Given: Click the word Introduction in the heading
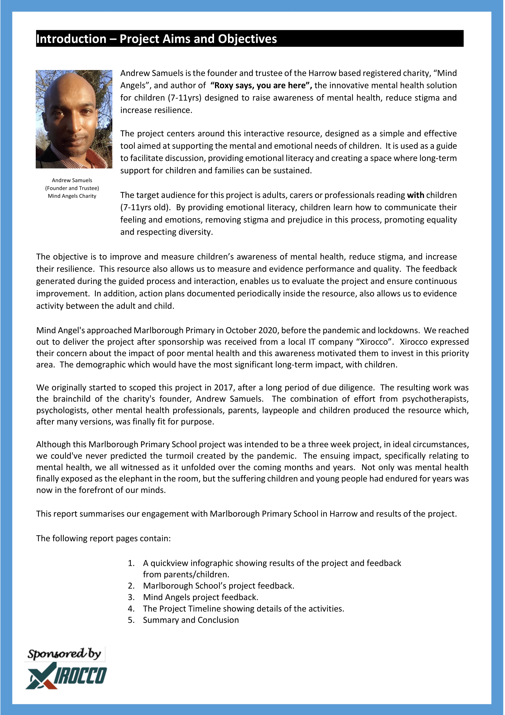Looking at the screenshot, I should [x=71, y=39].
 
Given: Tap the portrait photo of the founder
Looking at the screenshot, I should [x=74, y=119].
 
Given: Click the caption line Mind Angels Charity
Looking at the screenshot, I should [x=72, y=196].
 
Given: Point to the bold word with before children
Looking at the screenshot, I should [x=416, y=195].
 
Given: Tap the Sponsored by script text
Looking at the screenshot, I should [x=64, y=653].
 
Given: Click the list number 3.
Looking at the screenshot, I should [x=131, y=597].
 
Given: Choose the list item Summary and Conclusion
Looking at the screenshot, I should [x=191, y=620].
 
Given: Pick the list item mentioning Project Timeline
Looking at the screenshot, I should [x=243, y=609].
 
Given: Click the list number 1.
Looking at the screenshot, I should [x=131, y=563].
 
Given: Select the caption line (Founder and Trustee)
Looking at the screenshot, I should [x=72, y=188].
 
